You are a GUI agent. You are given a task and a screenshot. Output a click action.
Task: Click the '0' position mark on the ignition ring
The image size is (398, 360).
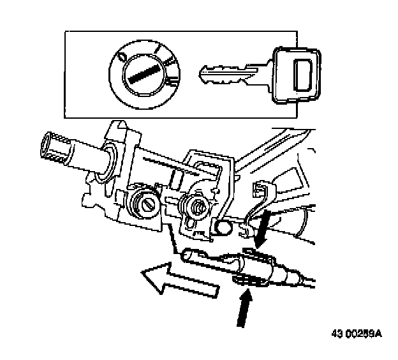[x=121, y=58]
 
